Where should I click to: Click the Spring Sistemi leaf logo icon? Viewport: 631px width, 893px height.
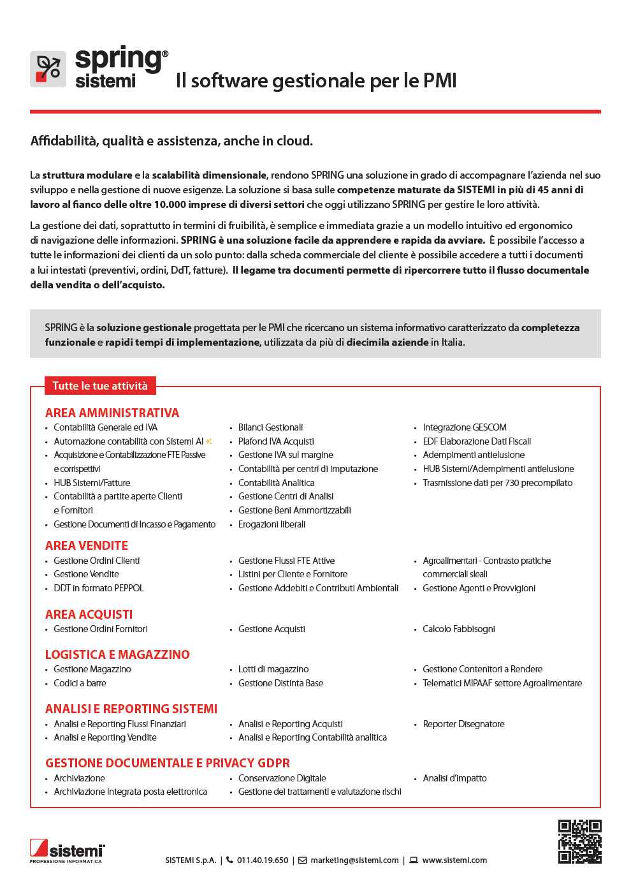click(x=48, y=69)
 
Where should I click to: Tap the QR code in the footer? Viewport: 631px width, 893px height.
click(x=579, y=841)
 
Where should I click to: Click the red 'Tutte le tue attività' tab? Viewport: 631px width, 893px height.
click(x=100, y=386)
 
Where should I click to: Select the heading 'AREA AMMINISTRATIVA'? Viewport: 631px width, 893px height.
click(x=112, y=413)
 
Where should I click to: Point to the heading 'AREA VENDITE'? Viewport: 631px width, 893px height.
click(x=87, y=545)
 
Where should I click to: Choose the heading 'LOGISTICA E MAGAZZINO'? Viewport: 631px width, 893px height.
click(x=117, y=654)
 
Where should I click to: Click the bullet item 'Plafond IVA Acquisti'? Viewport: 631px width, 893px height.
click(x=276, y=441)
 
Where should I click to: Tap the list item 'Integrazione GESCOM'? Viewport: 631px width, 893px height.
click(x=464, y=427)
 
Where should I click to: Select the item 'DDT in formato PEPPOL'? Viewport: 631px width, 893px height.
click(x=99, y=588)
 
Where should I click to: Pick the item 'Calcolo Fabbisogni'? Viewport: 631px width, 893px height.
click(x=458, y=629)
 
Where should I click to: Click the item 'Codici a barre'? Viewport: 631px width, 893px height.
click(x=80, y=683)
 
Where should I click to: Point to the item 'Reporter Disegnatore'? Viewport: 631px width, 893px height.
click(x=463, y=724)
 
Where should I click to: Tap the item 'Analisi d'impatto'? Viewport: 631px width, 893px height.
click(x=454, y=778)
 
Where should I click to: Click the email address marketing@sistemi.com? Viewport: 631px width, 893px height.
click(x=354, y=860)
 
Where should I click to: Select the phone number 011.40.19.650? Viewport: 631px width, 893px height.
click(x=263, y=860)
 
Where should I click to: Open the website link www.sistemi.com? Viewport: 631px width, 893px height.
click(x=454, y=860)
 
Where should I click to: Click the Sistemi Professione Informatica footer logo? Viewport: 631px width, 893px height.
click(x=67, y=851)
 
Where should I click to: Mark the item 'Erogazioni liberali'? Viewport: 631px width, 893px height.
click(x=272, y=524)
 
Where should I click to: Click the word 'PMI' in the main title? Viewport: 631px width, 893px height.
click(x=440, y=81)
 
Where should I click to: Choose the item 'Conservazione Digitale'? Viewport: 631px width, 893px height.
click(x=282, y=778)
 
